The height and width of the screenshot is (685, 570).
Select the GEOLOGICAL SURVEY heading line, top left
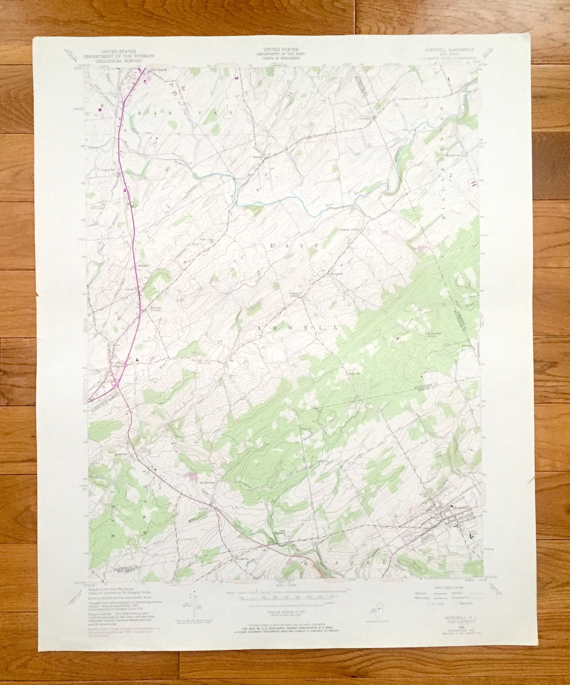coord(118,60)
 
